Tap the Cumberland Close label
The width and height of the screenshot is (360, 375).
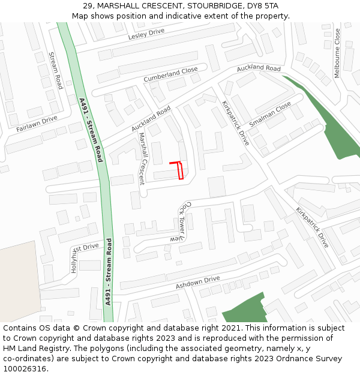click(x=170, y=75)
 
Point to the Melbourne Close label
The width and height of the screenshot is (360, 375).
click(x=337, y=53)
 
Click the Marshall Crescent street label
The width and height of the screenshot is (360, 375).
click(x=142, y=158)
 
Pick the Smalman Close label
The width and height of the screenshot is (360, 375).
click(x=270, y=113)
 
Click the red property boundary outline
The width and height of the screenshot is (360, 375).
click(x=179, y=170)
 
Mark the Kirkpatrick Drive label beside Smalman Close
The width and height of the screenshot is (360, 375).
click(x=235, y=122)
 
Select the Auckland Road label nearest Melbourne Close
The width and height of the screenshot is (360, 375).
click(x=259, y=69)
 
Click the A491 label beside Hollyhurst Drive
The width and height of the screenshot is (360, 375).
click(x=108, y=272)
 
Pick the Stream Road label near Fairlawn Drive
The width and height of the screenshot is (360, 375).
click(x=55, y=70)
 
